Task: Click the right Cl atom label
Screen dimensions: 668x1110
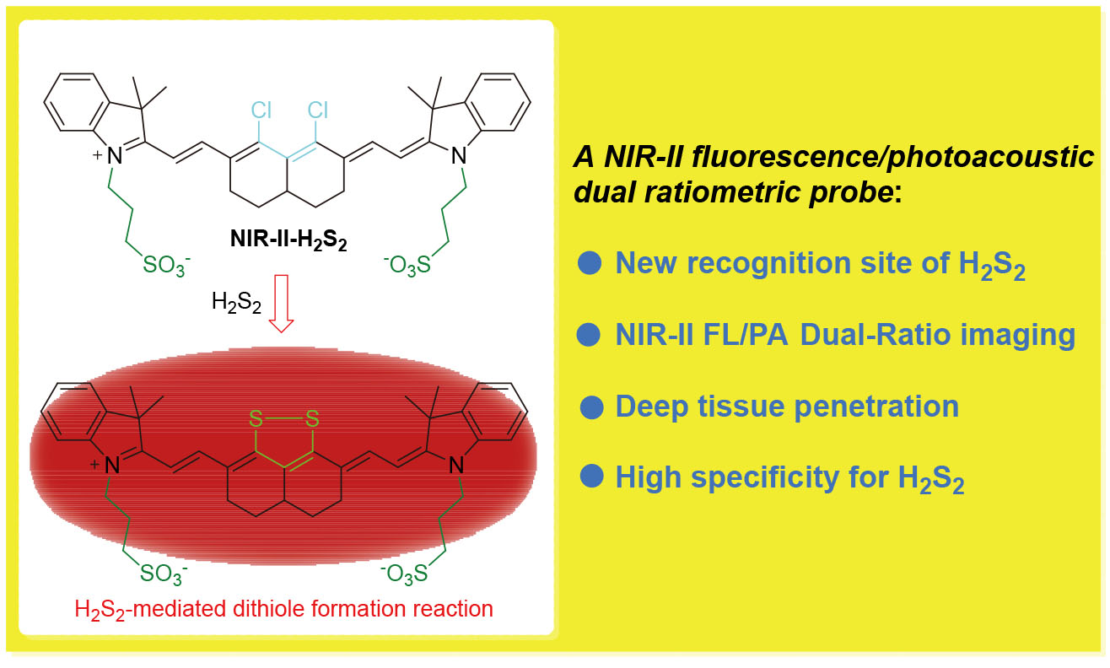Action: (317, 110)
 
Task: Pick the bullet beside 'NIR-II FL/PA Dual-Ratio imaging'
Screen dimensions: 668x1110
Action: (589, 336)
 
